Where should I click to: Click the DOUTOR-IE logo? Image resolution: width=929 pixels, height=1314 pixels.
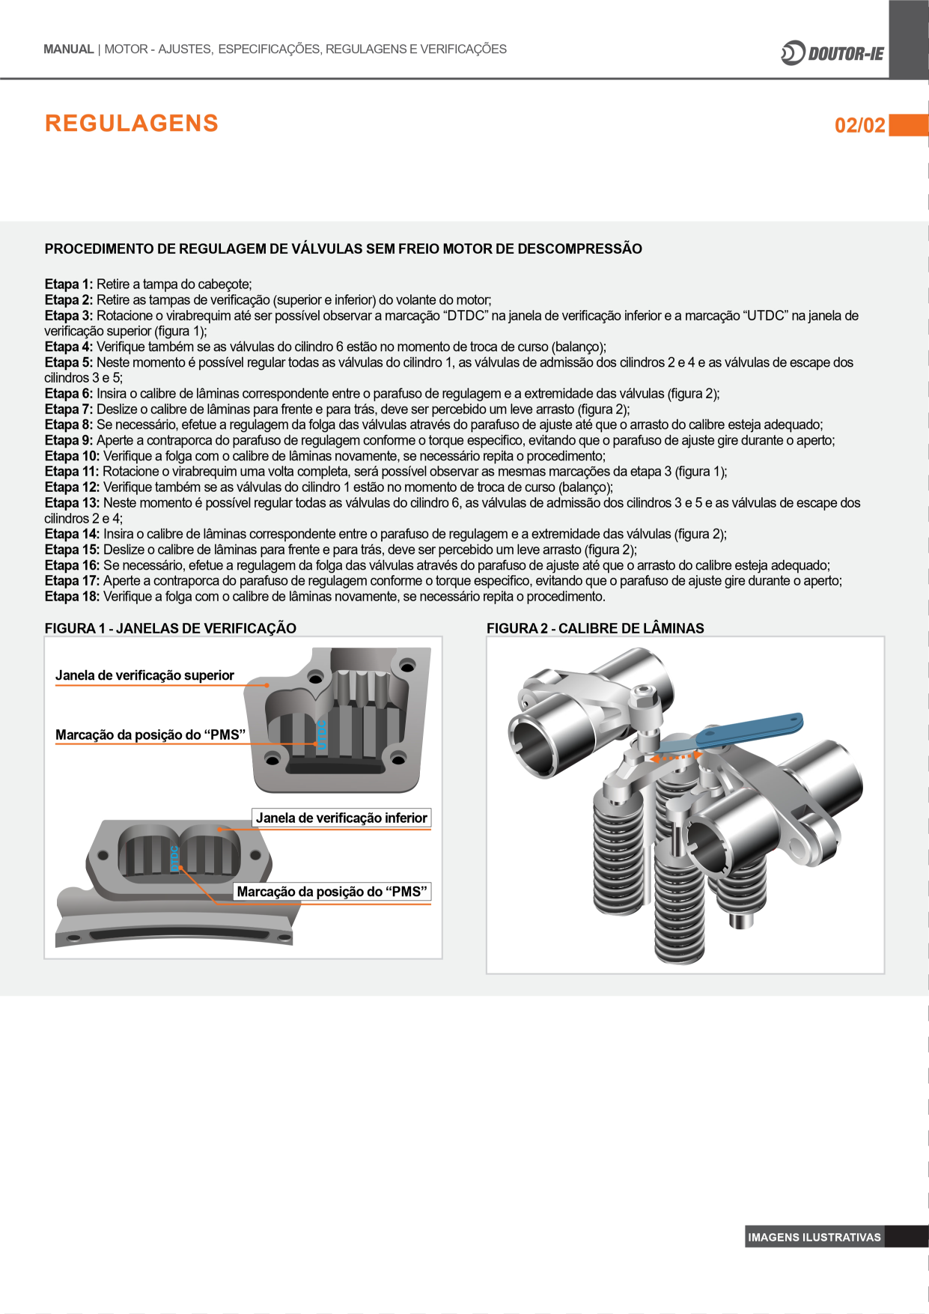(832, 53)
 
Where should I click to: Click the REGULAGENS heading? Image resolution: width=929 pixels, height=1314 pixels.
(132, 124)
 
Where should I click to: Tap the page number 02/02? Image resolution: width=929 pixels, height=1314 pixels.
(859, 125)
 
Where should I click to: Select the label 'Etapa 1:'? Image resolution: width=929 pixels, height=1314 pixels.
(69, 285)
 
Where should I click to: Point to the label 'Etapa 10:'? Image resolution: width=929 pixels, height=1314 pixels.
(72, 456)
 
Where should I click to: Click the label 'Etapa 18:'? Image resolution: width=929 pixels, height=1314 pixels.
(72, 597)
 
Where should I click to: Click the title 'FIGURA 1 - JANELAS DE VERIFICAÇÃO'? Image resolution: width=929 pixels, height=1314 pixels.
(171, 628)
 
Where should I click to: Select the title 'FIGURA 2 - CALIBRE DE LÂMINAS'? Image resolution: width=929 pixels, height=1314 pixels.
(595, 628)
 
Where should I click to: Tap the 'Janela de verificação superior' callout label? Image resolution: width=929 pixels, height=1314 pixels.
(144, 675)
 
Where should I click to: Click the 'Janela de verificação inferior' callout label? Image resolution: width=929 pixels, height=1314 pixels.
(341, 818)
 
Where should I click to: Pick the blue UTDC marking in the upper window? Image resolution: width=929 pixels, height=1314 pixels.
(323, 734)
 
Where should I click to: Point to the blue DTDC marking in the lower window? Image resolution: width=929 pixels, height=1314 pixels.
(174, 858)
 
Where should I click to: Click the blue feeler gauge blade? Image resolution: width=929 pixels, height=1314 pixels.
(749, 730)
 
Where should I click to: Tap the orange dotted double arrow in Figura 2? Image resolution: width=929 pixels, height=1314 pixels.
(675, 758)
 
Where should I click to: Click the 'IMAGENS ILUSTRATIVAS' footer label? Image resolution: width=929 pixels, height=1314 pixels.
(814, 1237)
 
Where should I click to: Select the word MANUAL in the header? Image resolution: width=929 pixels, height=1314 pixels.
(68, 49)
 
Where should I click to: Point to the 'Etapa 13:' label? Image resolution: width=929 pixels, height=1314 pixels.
(72, 503)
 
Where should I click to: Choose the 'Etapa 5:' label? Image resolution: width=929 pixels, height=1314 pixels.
(69, 362)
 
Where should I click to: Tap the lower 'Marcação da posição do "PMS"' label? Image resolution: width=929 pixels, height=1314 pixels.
(332, 892)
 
